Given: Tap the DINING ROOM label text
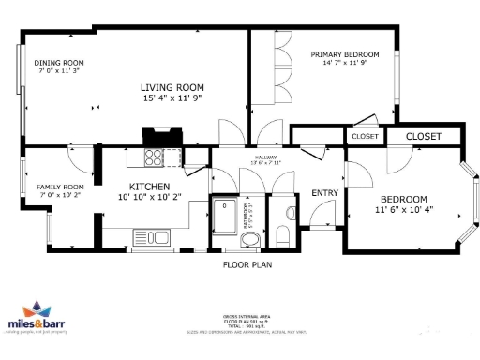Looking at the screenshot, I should (x=58, y=62).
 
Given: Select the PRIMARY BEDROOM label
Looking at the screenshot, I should (x=345, y=55).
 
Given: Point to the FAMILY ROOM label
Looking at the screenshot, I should (x=60, y=187).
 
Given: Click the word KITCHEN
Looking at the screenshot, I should (x=148, y=186).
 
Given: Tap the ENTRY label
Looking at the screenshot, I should (x=324, y=193).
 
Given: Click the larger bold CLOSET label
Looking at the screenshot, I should (x=424, y=137).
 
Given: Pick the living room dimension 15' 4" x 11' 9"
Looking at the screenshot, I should (x=172, y=97).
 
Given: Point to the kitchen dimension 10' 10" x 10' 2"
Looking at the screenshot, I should (x=150, y=198).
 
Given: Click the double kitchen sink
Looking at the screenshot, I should (x=151, y=236).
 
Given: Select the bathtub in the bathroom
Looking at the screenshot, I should (x=224, y=216).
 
